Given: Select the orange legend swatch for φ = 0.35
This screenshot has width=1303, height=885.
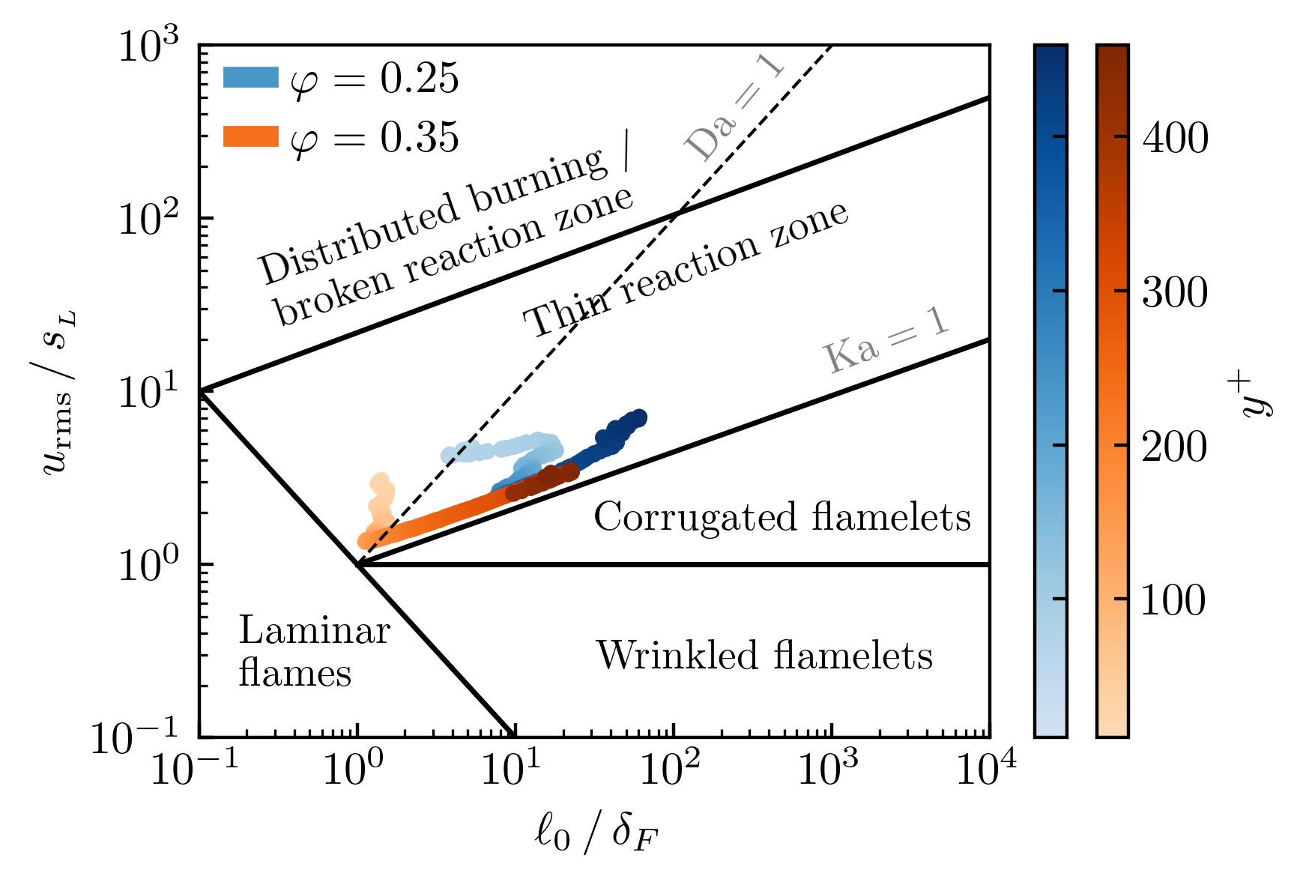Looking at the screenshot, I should (251, 136).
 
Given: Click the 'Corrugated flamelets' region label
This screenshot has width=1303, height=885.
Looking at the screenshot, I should (782, 517).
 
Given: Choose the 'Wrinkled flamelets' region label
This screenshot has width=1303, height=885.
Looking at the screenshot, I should (764, 656).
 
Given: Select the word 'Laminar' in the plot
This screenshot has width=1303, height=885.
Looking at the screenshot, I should (315, 631).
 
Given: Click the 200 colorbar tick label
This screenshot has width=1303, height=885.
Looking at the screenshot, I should (1174, 447).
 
